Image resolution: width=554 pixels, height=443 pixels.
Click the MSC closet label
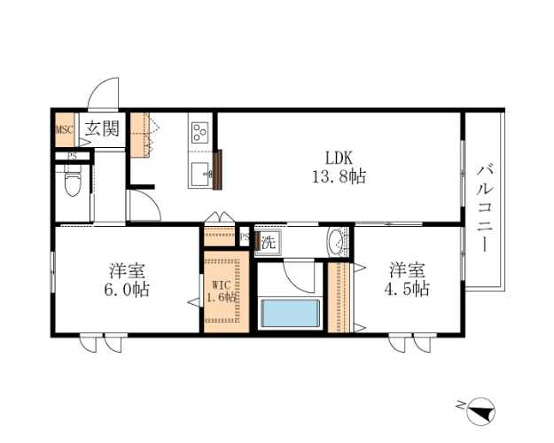coord(65,129)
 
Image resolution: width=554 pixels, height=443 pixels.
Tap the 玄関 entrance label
coord(102,128)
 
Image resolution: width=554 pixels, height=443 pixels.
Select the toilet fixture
coord(73,183)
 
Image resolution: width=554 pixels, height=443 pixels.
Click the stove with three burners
coord(199,133)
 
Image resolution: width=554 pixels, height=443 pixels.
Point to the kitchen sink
coord(201,175)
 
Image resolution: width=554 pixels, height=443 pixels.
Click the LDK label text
coord(339,158)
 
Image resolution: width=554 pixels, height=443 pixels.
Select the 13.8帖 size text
coord(339,176)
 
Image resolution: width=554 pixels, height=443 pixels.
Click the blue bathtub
coord(290,314)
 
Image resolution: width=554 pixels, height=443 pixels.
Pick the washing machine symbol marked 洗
coord(269,242)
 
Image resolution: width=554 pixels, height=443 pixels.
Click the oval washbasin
coord(335,242)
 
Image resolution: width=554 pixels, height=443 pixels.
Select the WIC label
coord(222,284)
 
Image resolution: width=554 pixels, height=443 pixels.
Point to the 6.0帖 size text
coord(127,290)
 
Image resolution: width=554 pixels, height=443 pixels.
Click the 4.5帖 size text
coord(407,289)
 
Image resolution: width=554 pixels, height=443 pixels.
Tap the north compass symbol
coord(480,412)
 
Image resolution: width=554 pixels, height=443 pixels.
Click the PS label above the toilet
coord(73,156)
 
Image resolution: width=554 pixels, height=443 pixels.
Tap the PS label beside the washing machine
coord(245,237)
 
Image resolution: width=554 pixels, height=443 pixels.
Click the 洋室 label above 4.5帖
coord(407,270)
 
